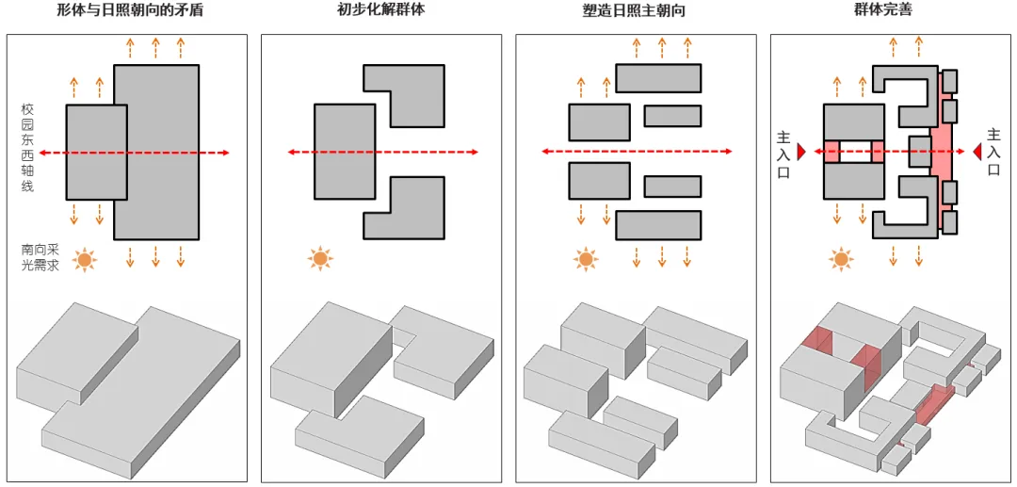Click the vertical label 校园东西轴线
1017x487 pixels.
[x=27, y=148]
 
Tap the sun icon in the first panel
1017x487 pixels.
[x=86, y=259]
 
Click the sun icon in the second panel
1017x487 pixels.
[x=320, y=258]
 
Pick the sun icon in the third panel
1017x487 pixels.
[x=586, y=258]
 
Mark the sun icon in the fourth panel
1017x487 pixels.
[x=841, y=258]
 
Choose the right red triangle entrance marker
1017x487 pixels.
[x=977, y=152]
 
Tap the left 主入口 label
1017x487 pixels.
[x=783, y=154]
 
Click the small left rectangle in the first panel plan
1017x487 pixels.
[x=96, y=152]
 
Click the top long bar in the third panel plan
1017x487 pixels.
[x=658, y=78]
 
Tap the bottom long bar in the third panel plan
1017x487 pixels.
[x=658, y=225]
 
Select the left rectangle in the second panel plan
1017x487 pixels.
[x=345, y=152]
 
